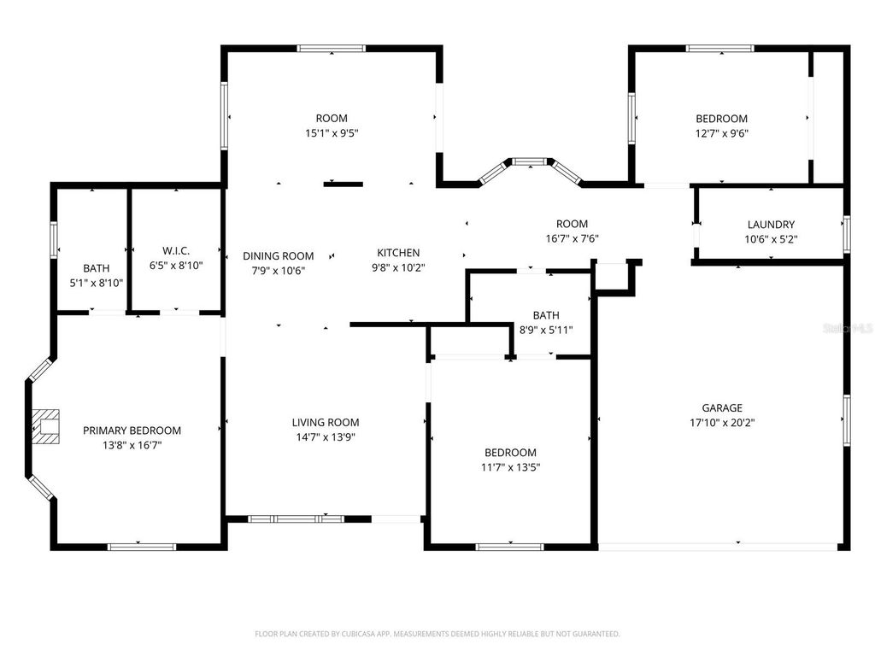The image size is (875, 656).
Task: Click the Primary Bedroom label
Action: click(132, 430)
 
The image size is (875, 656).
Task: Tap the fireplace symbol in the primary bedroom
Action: click(48, 425)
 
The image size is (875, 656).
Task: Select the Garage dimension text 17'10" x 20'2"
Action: click(722, 422)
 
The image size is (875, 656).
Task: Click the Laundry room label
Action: click(771, 225)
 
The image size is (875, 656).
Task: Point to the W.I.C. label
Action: click(175, 250)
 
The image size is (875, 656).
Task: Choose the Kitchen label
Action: click(398, 252)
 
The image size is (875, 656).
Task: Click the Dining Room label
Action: click(278, 255)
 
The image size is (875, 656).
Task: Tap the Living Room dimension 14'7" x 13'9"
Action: click(325, 436)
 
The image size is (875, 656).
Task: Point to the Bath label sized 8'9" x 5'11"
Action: click(545, 315)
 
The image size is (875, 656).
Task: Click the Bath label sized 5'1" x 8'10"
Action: click(96, 268)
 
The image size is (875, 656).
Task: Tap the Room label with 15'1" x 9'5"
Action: click(332, 118)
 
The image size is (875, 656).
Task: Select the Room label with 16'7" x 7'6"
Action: click(572, 224)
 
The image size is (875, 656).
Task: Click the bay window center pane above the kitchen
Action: click(529, 160)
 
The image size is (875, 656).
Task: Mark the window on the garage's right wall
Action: click(846, 419)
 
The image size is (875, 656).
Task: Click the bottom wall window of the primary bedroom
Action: click(142, 546)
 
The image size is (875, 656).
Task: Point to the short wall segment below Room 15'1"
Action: click(343, 183)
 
